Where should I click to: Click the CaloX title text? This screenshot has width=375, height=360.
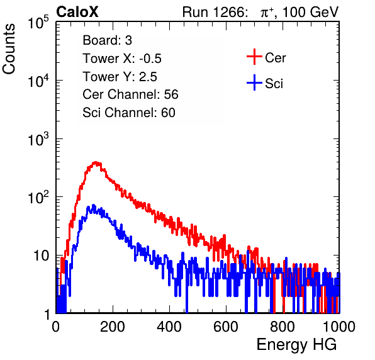(x=77, y=12)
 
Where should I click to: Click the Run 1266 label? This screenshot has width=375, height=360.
(x=214, y=12)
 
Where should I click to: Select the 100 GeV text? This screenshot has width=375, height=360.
(x=310, y=13)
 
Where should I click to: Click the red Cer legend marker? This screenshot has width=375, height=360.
(x=254, y=57)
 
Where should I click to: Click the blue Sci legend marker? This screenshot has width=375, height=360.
(x=254, y=82)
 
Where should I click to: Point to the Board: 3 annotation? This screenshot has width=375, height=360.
(x=107, y=40)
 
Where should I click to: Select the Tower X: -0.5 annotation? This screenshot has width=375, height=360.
(x=122, y=59)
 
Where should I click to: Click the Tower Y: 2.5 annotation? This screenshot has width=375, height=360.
(x=120, y=77)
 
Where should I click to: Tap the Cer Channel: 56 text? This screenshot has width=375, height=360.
(x=130, y=94)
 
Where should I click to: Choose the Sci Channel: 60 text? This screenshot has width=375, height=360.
(x=129, y=113)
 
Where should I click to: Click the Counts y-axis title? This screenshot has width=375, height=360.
(x=9, y=49)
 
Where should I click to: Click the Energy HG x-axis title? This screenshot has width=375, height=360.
(x=296, y=345)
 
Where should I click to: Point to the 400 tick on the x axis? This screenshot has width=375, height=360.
(x=169, y=327)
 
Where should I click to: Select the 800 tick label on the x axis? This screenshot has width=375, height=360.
(x=283, y=327)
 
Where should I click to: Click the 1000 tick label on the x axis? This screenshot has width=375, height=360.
(x=339, y=327)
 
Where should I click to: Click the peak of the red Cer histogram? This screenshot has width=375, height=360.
(x=96, y=162)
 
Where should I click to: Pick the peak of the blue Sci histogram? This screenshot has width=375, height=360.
(x=94, y=205)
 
